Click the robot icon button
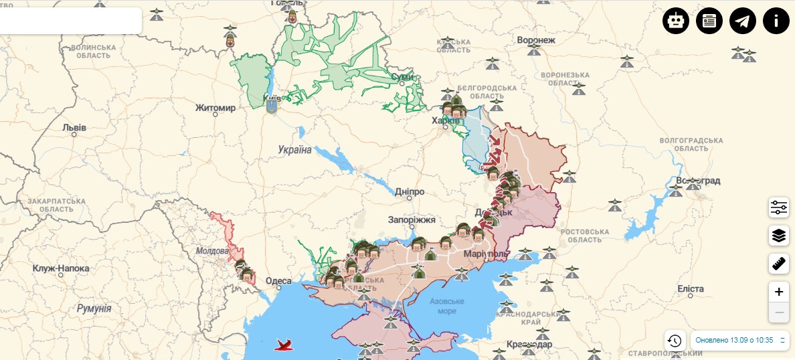[676, 21]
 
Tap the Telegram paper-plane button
[743, 21]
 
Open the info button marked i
[776, 21]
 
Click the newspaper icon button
[709, 21]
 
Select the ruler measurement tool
[778, 264]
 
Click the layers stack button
[778, 236]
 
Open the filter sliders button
[778, 207]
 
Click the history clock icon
[675, 341]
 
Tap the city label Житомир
[215, 108]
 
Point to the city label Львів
[74, 126]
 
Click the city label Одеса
[278, 281]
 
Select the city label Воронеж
[536, 40]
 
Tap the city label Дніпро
[410, 191]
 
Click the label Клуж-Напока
[61, 268]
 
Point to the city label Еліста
[691, 288]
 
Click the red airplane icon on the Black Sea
[284, 345]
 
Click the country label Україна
[295, 149]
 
